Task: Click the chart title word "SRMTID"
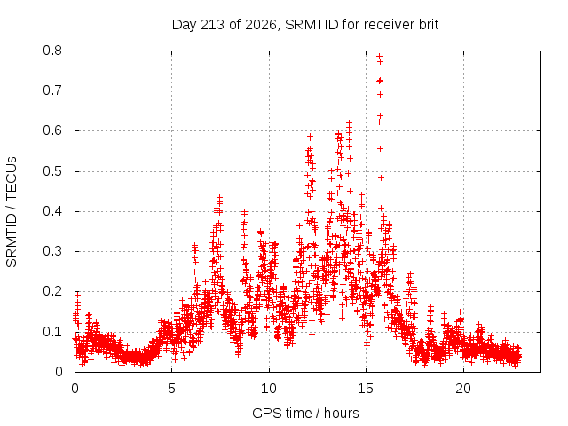[x=312, y=25]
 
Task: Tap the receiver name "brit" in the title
[x=429, y=25]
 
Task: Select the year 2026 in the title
[x=261, y=25]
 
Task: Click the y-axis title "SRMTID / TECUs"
[x=12, y=212]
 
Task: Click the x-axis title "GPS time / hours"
[x=305, y=413]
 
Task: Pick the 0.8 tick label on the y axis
[x=52, y=51]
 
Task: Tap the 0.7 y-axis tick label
[x=52, y=91]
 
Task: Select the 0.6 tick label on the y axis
[x=52, y=130]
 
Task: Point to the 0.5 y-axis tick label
[x=52, y=171]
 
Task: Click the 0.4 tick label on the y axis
[x=52, y=211]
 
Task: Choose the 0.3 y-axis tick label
[x=52, y=251]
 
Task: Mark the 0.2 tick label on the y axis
[x=52, y=291]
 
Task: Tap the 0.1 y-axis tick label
[x=52, y=331]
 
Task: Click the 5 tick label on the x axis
[x=171, y=389]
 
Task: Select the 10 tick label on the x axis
[x=269, y=389]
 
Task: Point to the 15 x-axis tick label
[x=366, y=389]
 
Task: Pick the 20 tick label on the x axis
[x=463, y=389]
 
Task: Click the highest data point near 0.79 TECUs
[x=379, y=56]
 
